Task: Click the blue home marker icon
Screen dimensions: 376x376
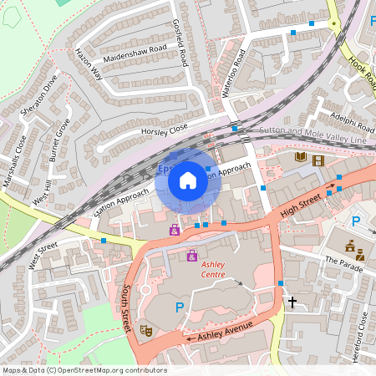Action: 188,180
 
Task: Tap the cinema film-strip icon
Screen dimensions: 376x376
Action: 318,160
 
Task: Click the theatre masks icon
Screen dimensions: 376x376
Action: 146,330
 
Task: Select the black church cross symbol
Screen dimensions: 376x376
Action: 292,301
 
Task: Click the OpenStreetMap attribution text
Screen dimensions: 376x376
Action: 84,370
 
